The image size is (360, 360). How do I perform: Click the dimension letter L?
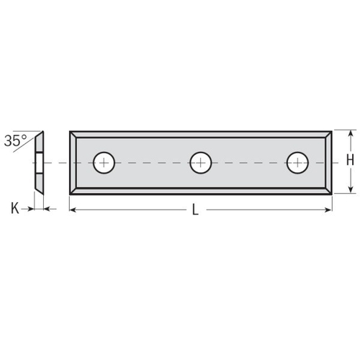[195, 210]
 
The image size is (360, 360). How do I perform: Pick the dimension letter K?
[14, 210]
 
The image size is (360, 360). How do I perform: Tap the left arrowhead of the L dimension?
[73, 210]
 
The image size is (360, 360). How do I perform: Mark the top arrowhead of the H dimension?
[351, 134]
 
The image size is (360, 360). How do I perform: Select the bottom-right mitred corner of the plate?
[328, 190]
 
